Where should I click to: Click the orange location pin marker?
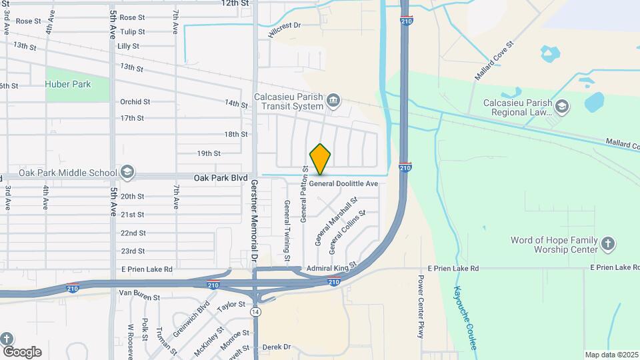320,159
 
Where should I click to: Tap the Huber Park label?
68,84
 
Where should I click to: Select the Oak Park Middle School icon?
126,173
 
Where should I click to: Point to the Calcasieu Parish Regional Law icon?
562,107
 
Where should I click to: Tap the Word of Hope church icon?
607,244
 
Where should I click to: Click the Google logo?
21,352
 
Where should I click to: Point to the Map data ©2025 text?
611,354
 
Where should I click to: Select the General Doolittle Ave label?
343,183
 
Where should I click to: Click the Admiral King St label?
332,268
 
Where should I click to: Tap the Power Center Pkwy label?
421,306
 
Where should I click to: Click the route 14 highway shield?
255,311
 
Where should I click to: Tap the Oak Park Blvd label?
221,179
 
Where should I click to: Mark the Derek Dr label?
277,347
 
